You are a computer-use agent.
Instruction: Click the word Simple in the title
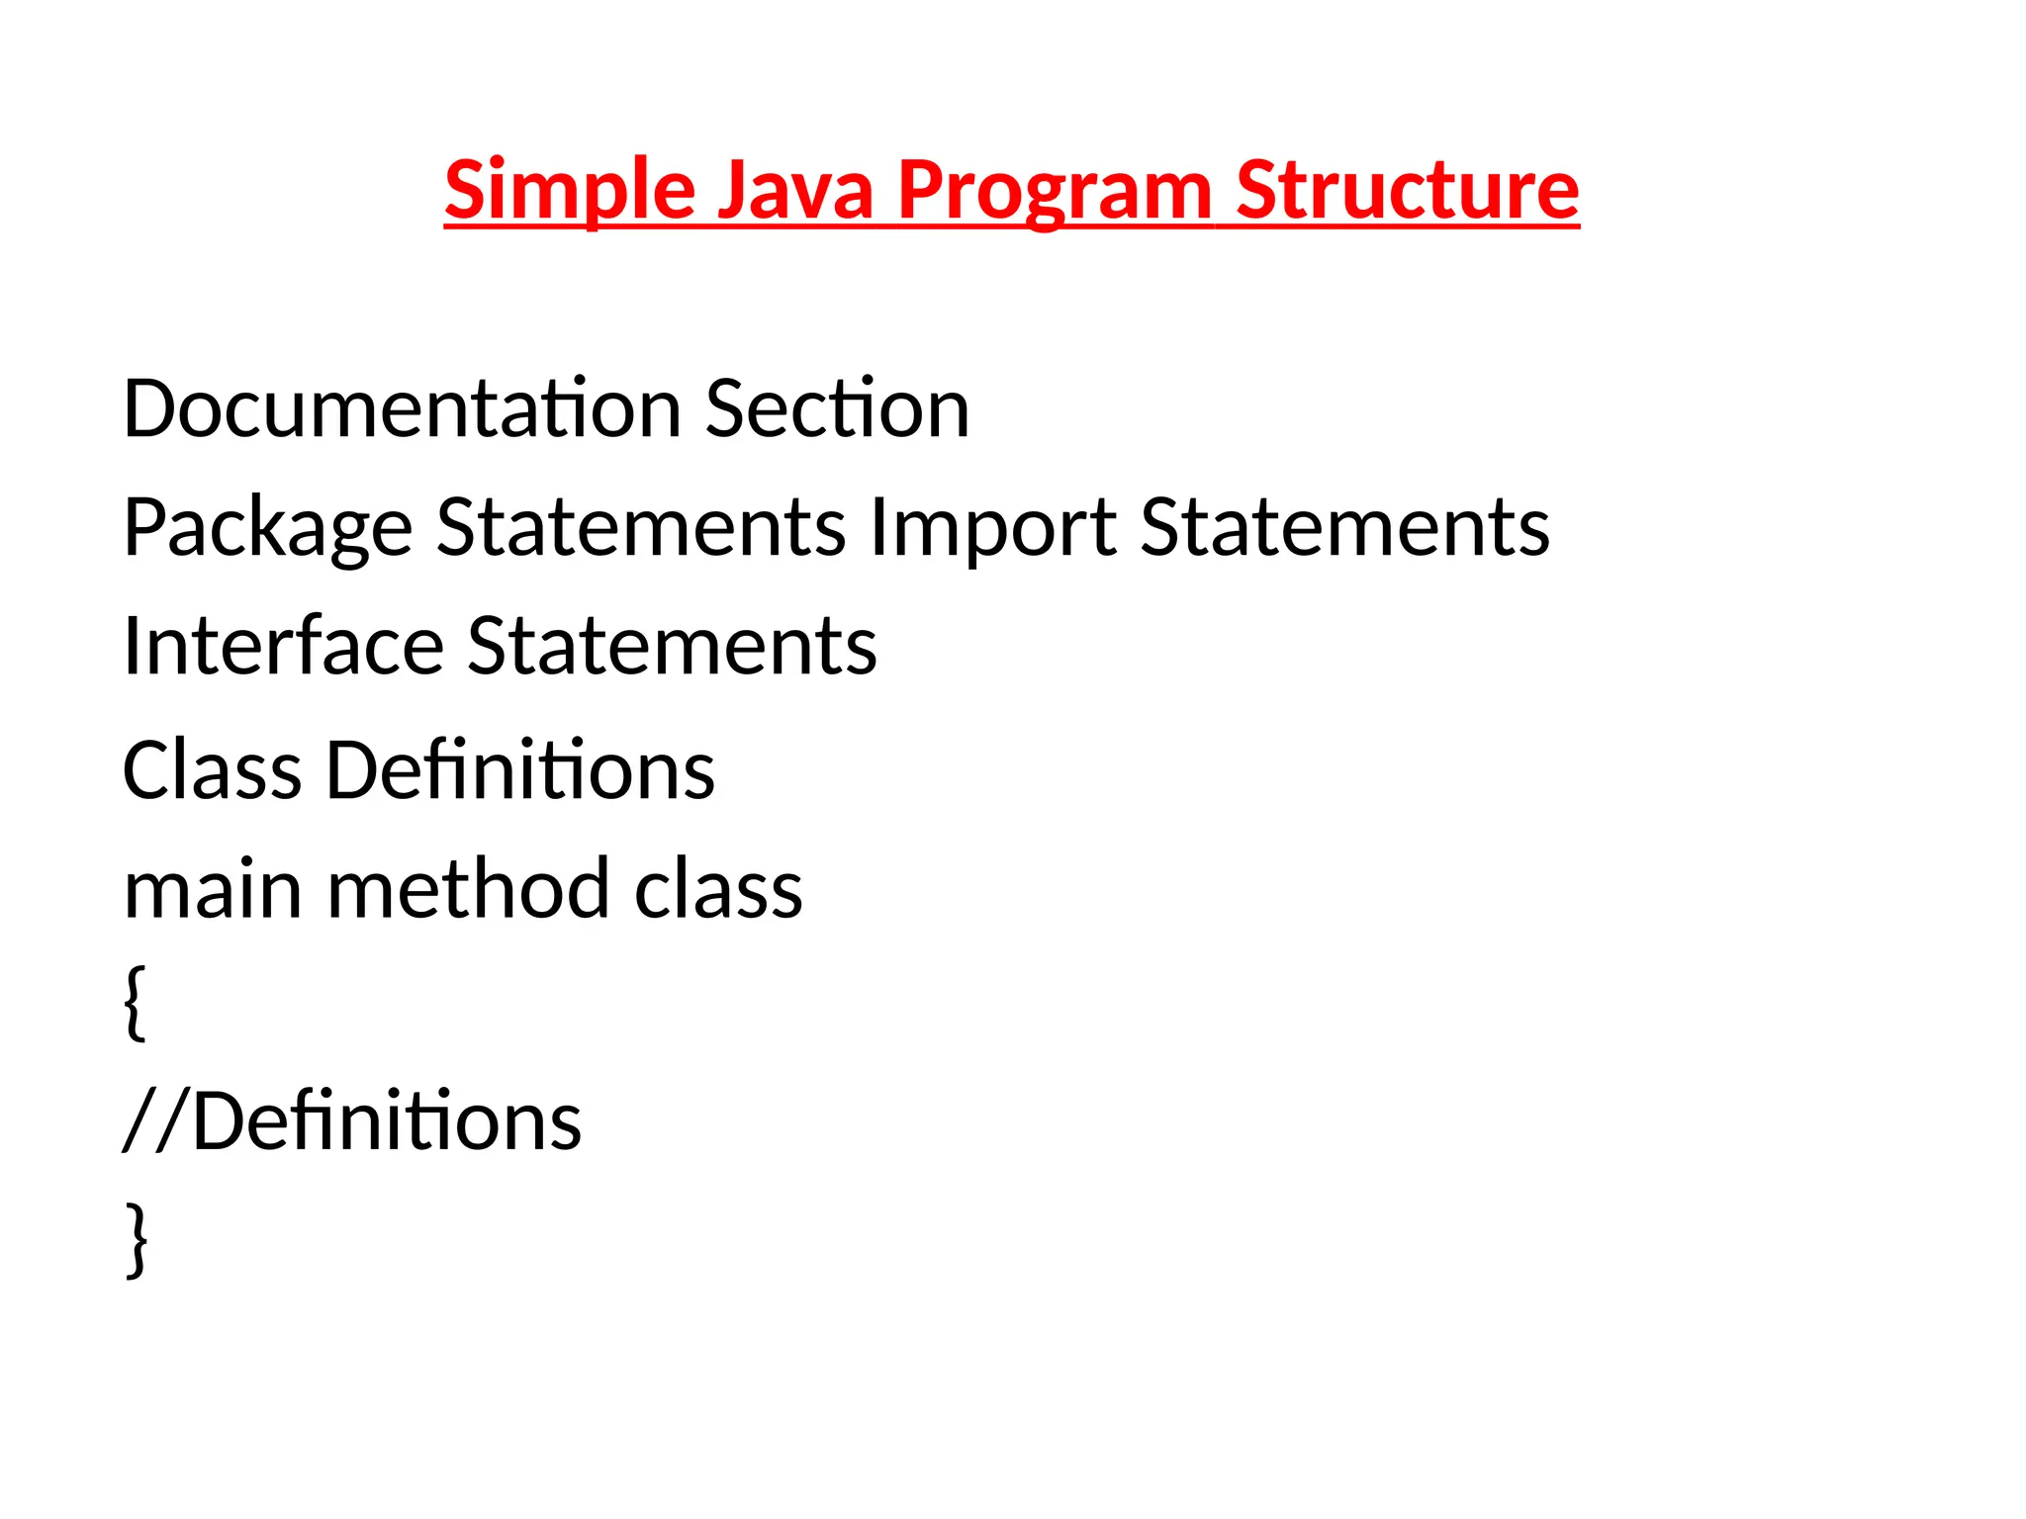click(570, 190)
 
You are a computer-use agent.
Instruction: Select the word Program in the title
click(1055, 190)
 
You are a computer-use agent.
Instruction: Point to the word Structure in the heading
click(1407, 190)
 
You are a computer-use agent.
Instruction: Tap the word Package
click(267, 528)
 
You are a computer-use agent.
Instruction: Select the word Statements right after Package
click(641, 528)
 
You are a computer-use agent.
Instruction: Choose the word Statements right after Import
click(1344, 528)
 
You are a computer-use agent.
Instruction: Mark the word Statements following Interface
click(672, 647)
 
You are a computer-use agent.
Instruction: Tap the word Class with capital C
click(212, 770)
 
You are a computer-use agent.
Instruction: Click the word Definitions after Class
click(520, 770)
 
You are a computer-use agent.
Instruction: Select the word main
click(212, 890)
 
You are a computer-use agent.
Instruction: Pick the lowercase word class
click(718, 890)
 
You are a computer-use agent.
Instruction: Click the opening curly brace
click(137, 1003)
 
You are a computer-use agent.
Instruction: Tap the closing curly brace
click(137, 1240)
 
